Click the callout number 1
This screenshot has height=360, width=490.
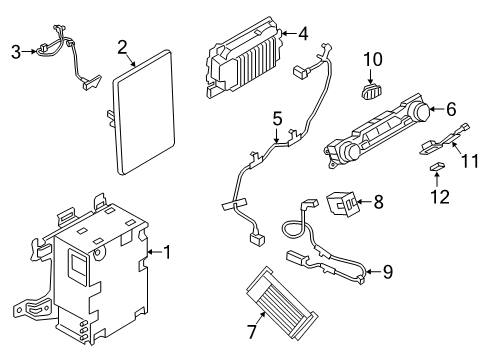168,252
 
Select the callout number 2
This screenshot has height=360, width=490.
122,46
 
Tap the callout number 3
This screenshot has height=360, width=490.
15,51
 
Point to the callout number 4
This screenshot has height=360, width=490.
303,34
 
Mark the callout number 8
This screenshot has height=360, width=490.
378,203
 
